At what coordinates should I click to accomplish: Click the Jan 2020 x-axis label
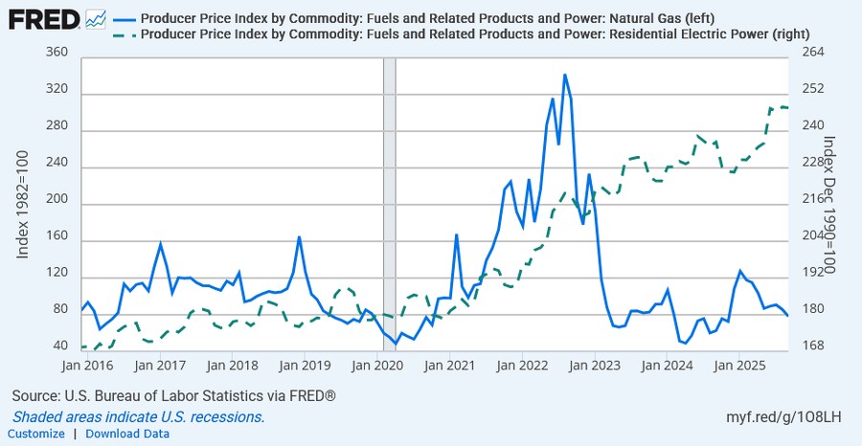375,365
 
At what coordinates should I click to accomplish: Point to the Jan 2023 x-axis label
594,365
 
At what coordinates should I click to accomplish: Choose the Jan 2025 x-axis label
738,365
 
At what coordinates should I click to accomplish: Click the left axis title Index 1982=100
25,201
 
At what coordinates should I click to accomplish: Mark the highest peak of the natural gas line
564,75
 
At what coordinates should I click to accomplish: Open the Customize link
37,434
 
